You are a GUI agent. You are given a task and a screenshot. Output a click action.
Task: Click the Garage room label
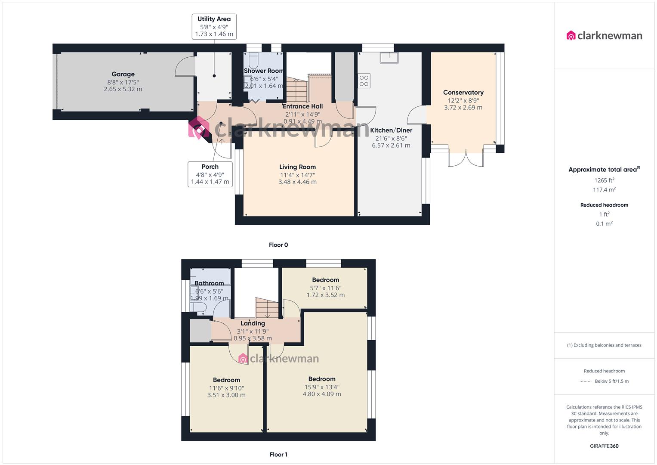tap(123, 74)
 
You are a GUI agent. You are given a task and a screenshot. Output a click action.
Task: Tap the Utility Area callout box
tap(214, 26)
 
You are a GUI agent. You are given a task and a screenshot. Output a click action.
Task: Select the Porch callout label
tap(210, 174)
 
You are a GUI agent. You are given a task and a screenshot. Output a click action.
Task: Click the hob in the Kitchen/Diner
tap(364, 81)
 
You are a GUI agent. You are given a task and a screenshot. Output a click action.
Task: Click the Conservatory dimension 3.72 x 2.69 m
tap(463, 108)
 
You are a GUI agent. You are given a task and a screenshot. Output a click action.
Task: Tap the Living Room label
tap(297, 167)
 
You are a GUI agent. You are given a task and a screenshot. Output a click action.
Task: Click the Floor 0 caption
tap(278, 245)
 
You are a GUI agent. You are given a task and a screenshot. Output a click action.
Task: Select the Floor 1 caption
tap(278, 455)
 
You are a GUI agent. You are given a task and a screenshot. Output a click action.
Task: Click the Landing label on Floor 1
tap(253, 323)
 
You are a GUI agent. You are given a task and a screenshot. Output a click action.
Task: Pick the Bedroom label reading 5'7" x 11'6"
tap(325, 280)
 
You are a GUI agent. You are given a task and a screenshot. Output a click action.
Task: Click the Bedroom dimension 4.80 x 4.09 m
tap(322, 394)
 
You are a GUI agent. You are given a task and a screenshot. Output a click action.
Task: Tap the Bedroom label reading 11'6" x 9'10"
tap(226, 380)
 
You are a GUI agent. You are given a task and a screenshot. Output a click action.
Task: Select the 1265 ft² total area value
tap(604, 180)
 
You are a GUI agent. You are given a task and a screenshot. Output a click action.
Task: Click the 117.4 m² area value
tap(604, 190)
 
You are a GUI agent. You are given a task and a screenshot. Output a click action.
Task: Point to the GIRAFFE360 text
tap(604, 446)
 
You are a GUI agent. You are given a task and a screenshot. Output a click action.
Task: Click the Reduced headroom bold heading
tap(604, 205)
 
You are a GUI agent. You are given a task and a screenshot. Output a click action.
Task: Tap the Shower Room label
tap(263, 71)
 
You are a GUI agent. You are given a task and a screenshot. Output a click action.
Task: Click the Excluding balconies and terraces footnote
tap(604, 345)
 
